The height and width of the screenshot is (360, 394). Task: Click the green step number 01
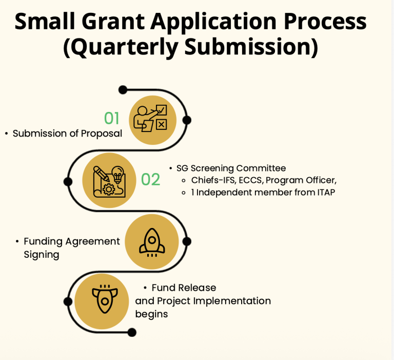[x=111, y=118]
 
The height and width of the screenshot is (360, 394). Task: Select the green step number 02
[x=150, y=179]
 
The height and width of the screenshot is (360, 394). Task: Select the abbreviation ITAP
[x=326, y=192]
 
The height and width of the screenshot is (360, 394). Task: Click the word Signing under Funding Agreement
[x=42, y=255]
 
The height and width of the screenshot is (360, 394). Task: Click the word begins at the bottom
[x=151, y=314]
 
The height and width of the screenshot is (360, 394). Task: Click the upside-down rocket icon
[x=105, y=299]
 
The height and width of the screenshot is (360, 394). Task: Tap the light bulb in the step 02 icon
[x=117, y=174]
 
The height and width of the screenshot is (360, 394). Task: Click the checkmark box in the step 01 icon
[x=161, y=110]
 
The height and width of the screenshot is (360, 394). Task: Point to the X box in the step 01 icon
[x=161, y=124]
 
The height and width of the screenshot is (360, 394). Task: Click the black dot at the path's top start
[x=123, y=89]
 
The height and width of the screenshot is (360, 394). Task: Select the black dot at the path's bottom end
[x=132, y=332]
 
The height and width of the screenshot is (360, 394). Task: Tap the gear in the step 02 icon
[x=109, y=190]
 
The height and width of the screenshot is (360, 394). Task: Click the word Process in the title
[x=325, y=22]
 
